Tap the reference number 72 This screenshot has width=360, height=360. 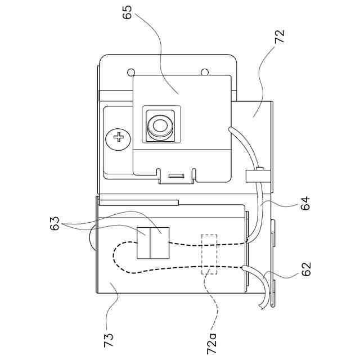point(280,36)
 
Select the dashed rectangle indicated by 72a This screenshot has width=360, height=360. point(209,254)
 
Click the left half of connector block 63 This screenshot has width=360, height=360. point(144,243)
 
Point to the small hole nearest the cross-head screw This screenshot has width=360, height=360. point(131,73)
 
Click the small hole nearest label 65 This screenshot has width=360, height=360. point(205,71)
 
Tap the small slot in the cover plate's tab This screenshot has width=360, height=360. point(176,176)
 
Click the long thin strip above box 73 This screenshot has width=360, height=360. point(138,201)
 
